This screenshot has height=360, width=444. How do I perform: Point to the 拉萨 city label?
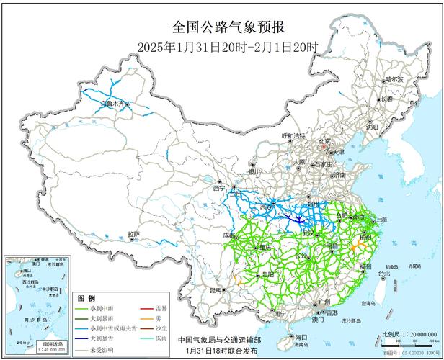coord(134,234)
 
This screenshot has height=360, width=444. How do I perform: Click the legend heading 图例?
coord(86,298)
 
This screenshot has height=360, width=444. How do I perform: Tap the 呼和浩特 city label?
coord(293,135)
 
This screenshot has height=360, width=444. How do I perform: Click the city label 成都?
coord(228,235)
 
